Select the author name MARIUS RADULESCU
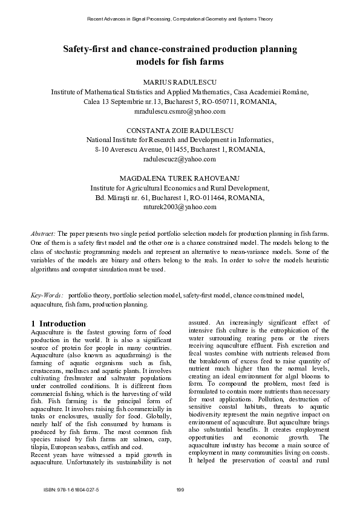click(180, 81)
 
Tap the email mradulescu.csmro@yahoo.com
click(180, 112)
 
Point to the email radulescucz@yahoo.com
click(180, 159)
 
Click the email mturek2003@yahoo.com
click(180, 207)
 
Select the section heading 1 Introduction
click(58, 323)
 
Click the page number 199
click(180, 489)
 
